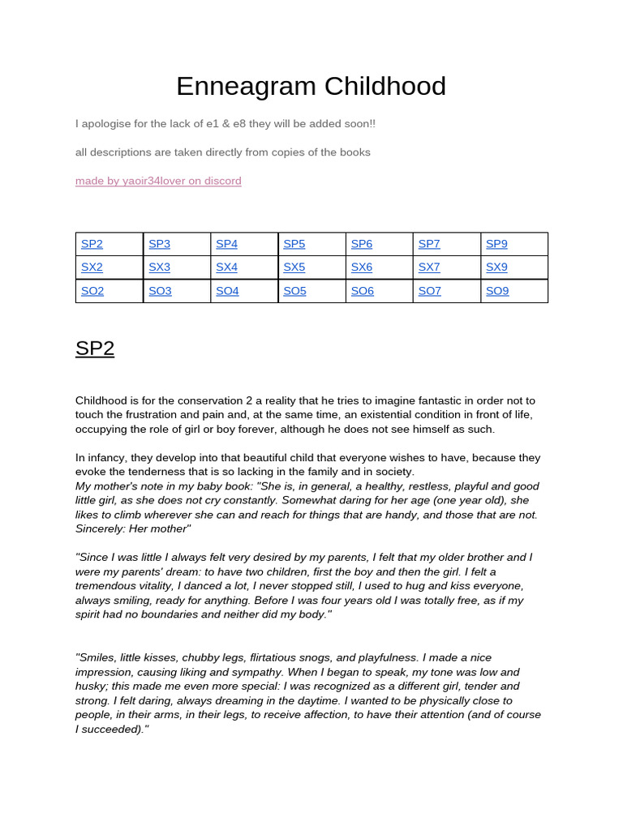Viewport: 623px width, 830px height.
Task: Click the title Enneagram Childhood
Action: coord(311,86)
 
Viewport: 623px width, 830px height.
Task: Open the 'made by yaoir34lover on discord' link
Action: coord(158,181)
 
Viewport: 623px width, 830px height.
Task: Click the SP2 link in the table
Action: coord(92,244)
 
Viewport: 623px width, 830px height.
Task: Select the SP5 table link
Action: coord(294,244)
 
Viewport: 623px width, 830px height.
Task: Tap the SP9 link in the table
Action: coord(496,244)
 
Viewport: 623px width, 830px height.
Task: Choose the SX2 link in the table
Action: coord(92,267)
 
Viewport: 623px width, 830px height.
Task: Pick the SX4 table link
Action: coord(227,267)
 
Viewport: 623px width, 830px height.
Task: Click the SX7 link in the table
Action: coord(429,267)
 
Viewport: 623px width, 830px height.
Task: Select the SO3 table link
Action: coord(160,291)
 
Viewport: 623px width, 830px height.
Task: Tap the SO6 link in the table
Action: coord(362,291)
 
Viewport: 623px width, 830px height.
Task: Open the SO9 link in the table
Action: coord(496,291)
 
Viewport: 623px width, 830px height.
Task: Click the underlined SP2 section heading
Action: coord(95,349)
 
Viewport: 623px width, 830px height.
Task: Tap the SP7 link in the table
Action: coord(429,244)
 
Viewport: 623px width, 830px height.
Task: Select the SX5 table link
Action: coord(294,267)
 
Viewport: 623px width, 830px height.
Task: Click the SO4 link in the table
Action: coord(227,291)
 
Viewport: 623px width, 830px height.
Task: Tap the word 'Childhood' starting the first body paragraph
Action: coord(103,400)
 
